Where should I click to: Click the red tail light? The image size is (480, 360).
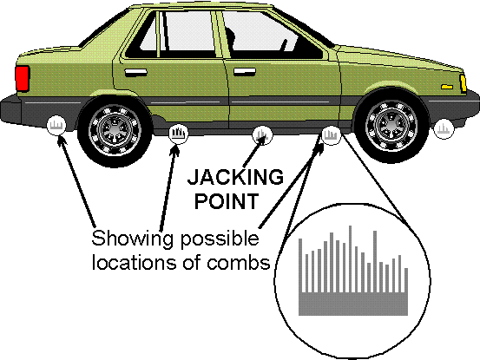point(22,78)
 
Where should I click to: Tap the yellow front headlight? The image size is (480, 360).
point(463,83)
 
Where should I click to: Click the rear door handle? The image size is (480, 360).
point(135,72)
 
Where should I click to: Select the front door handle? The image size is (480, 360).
point(244,72)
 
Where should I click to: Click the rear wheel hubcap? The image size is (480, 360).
point(115,130)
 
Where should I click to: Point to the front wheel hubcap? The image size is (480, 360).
point(391,125)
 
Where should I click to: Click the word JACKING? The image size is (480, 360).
point(235,177)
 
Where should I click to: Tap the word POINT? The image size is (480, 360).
point(227,201)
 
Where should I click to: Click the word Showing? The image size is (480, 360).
point(133,239)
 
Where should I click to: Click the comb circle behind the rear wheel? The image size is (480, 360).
point(56,126)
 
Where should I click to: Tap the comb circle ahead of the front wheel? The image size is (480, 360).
point(444,128)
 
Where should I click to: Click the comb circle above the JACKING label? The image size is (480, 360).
point(262,134)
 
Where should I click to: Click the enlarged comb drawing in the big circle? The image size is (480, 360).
point(353,271)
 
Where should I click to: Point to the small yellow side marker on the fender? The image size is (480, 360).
point(447,87)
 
